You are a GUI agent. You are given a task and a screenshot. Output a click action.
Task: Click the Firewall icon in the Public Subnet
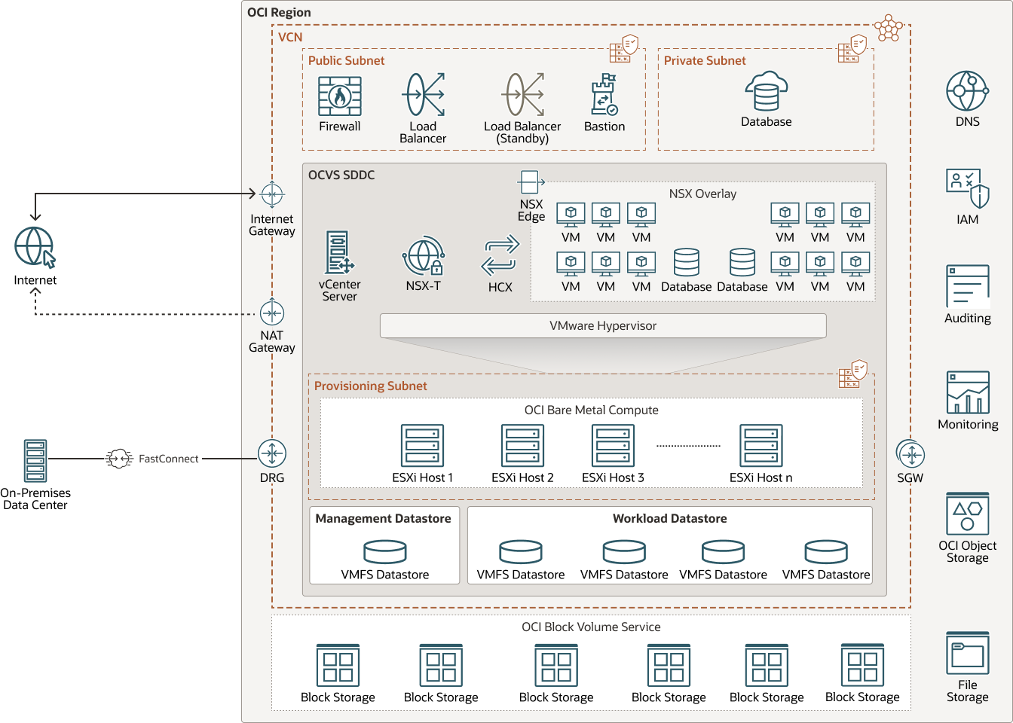coord(339,96)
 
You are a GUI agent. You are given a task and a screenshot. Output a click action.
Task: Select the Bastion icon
coord(604,95)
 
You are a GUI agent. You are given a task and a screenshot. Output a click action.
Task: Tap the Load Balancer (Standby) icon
coord(522,95)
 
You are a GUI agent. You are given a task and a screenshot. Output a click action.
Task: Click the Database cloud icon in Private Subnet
coord(766,92)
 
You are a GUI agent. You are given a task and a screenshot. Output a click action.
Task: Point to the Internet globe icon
coord(35,247)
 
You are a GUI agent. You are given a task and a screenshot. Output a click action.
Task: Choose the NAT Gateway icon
coord(272,312)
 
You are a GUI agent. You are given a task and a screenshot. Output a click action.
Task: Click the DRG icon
coord(272,453)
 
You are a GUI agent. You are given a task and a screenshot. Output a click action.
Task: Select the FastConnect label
coord(168,459)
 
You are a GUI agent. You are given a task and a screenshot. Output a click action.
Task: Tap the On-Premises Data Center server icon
coord(35,461)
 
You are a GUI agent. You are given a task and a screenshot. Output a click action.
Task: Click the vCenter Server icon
coord(339,252)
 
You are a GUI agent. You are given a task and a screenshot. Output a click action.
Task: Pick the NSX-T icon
coord(424,257)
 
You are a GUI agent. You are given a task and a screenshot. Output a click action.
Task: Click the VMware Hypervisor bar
coord(603,326)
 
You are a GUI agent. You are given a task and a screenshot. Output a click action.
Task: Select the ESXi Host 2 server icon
coord(522,446)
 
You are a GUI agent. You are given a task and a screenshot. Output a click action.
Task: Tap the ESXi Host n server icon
coord(761,446)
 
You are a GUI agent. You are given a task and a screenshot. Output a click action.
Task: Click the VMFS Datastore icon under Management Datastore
coord(385,551)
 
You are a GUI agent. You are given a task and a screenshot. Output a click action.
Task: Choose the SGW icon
coord(910,454)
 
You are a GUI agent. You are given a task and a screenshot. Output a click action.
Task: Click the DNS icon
coord(967,91)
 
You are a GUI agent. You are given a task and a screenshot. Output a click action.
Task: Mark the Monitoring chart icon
coord(968,392)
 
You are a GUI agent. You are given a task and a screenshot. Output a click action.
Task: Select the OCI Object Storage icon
coord(968,514)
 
